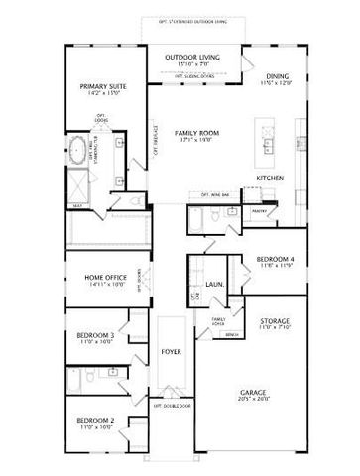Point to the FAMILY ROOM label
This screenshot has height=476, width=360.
pos(196,132)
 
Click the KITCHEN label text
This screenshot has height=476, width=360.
pos(270,178)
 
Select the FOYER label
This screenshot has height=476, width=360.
pos(171,352)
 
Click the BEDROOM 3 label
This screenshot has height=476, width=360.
pos(95,335)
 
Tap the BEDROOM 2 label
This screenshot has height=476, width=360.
pos(95,421)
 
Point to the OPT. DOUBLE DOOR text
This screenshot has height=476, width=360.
pos(171,405)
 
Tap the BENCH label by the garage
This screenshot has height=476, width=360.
pos(231,334)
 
